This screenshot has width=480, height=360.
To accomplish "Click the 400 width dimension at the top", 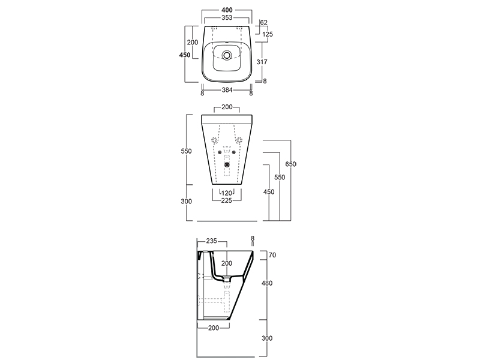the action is (x=227, y=10).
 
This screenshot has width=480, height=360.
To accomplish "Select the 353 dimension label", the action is (x=227, y=18).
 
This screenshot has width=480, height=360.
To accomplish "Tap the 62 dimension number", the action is (x=263, y=22).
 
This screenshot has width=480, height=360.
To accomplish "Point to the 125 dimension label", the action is (x=268, y=34).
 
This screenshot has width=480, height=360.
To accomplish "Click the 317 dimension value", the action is (x=262, y=62).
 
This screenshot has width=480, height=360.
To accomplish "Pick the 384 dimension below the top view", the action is (x=227, y=90).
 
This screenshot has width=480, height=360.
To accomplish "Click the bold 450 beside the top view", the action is (x=185, y=55).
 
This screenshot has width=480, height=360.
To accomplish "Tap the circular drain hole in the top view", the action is (x=227, y=55).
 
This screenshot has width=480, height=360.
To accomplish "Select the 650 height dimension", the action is (x=291, y=164).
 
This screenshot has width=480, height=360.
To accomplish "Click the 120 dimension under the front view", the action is (x=227, y=193).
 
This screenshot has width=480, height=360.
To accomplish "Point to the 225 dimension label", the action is (x=227, y=200).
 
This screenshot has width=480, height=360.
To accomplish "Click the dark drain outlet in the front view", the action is (x=227, y=164).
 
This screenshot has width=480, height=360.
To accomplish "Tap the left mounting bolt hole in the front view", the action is (x=220, y=152).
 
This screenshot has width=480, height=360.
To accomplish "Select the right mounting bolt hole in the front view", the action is (x=234, y=152).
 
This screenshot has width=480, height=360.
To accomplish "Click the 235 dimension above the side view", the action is (x=211, y=241).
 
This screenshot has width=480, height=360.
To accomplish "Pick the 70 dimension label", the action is (x=272, y=255).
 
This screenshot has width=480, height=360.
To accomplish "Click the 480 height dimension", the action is (x=267, y=283).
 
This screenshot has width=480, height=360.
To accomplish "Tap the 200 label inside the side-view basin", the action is (x=227, y=263).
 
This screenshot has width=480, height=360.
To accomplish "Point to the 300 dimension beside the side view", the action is (x=267, y=338).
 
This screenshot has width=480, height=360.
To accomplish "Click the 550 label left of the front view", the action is (x=186, y=151).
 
